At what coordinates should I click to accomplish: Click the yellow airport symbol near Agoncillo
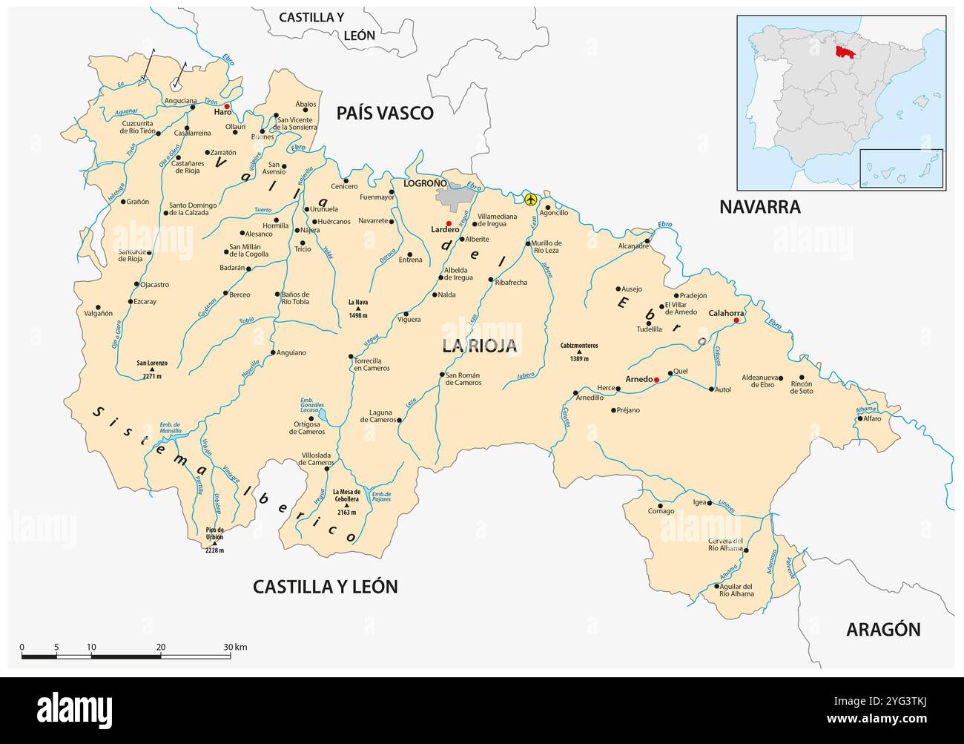(x=530, y=200)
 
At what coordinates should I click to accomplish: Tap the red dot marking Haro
(x=228, y=106)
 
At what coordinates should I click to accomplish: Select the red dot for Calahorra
(x=736, y=320)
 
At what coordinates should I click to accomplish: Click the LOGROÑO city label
(x=425, y=182)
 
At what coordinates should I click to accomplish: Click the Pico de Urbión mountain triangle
(x=214, y=544)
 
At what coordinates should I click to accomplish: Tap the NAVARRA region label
(x=760, y=207)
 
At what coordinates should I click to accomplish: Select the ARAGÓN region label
(x=883, y=630)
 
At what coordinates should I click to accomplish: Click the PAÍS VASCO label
(x=384, y=113)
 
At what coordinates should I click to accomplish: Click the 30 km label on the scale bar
(x=236, y=648)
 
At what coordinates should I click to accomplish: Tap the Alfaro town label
(x=871, y=419)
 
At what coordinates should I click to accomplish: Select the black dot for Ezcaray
(x=130, y=302)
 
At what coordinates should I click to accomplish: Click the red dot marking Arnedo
(x=656, y=380)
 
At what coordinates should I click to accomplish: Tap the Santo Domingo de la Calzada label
(x=193, y=208)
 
